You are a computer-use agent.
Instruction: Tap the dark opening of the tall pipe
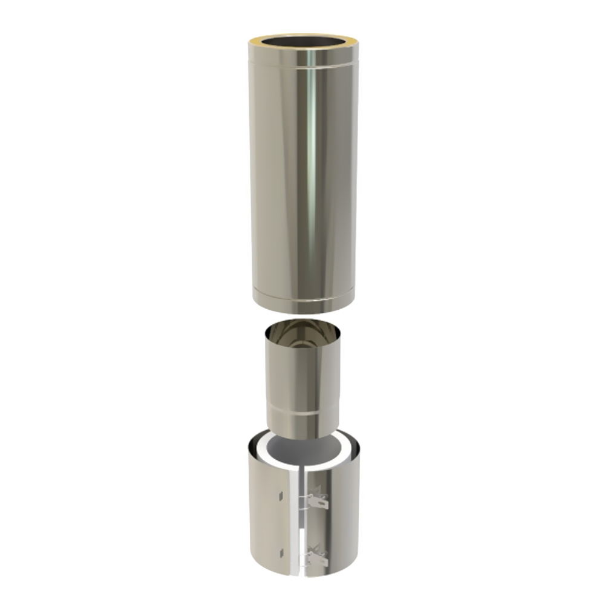point(302,42)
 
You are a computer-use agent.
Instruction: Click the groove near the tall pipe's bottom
point(302,298)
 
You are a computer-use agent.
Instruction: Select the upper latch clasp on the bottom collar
point(318,501)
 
